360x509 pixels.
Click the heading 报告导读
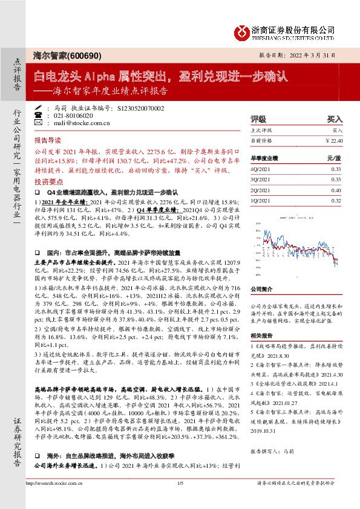tap(48, 138)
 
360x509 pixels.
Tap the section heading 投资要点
tap(48, 181)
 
